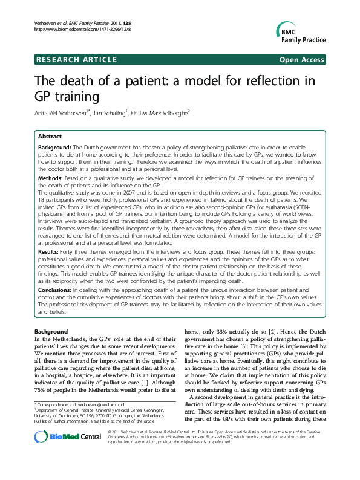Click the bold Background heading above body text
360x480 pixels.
(51, 332)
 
